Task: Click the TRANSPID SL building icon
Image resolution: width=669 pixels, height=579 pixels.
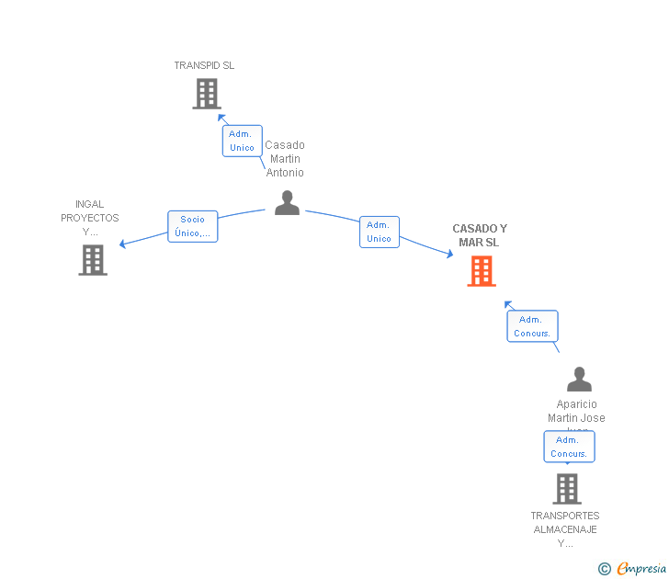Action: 207,94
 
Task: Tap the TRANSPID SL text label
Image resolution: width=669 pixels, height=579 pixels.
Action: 204,65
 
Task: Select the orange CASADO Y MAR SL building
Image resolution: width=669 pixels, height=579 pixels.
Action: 482,271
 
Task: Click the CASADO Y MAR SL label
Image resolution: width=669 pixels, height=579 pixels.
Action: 479,235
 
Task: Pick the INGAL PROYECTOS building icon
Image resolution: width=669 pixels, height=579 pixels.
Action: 92,260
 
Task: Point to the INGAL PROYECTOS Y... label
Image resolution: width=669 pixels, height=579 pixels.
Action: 90,218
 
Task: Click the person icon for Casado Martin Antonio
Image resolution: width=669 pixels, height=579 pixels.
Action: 287,203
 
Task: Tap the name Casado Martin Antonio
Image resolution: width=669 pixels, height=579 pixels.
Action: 285,159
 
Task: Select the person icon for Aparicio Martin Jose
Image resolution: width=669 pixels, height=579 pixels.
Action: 579,380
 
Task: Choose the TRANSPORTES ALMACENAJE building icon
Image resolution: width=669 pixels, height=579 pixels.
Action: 567,489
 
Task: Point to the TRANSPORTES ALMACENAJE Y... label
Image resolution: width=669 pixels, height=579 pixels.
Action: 565,529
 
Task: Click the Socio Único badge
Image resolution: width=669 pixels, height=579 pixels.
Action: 192,226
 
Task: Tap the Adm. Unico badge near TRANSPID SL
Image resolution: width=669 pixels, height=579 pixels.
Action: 242,141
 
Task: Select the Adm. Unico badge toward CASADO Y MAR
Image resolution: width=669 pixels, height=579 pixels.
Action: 379,232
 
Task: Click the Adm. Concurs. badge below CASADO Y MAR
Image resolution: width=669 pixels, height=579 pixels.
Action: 532,326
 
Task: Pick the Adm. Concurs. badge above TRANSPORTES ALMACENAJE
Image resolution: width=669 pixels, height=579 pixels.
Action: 569,447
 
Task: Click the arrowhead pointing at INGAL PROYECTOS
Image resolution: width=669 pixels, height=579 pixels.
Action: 123,244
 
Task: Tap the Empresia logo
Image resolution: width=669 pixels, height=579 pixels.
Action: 641,569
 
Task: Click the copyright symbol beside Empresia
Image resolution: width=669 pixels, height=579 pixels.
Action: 604,570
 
